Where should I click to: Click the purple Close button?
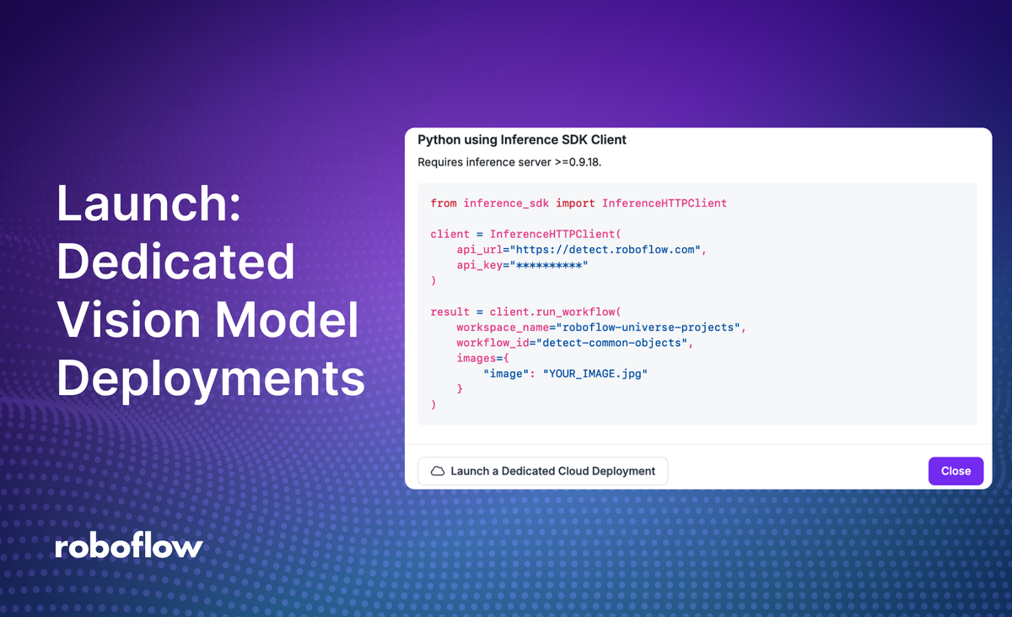955,471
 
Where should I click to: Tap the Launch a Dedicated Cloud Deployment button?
543,471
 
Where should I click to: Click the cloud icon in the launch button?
438,471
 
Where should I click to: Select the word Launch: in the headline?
148,204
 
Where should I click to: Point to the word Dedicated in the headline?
175,262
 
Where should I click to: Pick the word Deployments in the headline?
211,379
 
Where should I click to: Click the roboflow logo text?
129,546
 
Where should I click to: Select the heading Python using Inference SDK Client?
522,139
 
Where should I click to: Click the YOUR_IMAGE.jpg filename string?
595,373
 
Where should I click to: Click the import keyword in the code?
575,203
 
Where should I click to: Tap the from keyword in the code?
444,203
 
